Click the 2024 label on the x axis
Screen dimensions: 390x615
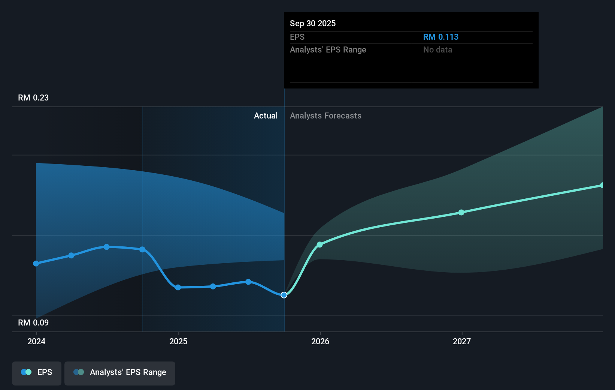pyautogui.click(x=36, y=341)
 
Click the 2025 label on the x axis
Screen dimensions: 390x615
pyautogui.click(x=178, y=341)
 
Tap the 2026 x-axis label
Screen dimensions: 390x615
pyautogui.click(x=320, y=341)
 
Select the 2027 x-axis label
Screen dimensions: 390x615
pyautogui.click(x=462, y=341)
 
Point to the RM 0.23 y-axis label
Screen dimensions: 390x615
pyautogui.click(x=33, y=98)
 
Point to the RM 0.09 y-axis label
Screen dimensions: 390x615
pyautogui.click(x=33, y=323)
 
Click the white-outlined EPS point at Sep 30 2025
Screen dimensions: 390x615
pyautogui.click(x=284, y=295)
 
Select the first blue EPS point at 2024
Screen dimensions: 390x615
pyautogui.click(x=36, y=264)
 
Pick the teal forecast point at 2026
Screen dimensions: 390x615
pyautogui.click(x=319, y=244)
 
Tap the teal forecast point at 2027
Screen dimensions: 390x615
pyautogui.click(x=461, y=213)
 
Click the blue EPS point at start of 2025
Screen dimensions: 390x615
pyautogui.click(x=178, y=288)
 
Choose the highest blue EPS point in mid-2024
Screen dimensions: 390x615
pyautogui.click(x=107, y=247)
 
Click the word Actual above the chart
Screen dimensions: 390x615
pyautogui.click(x=266, y=116)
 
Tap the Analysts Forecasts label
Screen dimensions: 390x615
pyautogui.click(x=325, y=116)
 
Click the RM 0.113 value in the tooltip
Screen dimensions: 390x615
pyautogui.click(x=440, y=37)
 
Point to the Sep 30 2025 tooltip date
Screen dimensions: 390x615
pyautogui.click(x=313, y=24)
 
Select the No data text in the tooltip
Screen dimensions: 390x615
pyautogui.click(x=437, y=50)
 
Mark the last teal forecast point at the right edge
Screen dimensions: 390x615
pyautogui.click(x=602, y=185)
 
